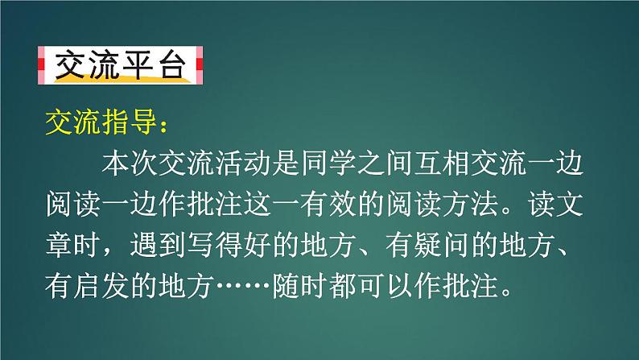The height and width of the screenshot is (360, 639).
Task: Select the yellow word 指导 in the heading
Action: pos(130,122)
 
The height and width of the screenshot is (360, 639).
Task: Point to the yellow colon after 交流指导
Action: pos(164,126)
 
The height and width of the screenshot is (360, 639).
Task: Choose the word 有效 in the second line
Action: pos(328,204)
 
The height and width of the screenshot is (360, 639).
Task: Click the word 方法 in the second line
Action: pos(470,204)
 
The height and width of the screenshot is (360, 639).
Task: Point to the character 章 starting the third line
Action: pos(60,245)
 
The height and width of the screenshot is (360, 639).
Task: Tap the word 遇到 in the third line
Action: pos(158,245)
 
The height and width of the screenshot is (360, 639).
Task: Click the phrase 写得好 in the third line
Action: pos(229,245)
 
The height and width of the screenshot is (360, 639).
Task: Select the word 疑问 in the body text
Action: pos(442,245)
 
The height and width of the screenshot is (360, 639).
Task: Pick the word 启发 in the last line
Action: pos(101,285)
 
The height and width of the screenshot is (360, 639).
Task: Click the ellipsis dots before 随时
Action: pos(243,285)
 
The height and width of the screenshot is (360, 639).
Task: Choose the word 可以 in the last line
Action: pos(385,285)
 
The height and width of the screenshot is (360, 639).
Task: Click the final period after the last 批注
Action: pos(506,292)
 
